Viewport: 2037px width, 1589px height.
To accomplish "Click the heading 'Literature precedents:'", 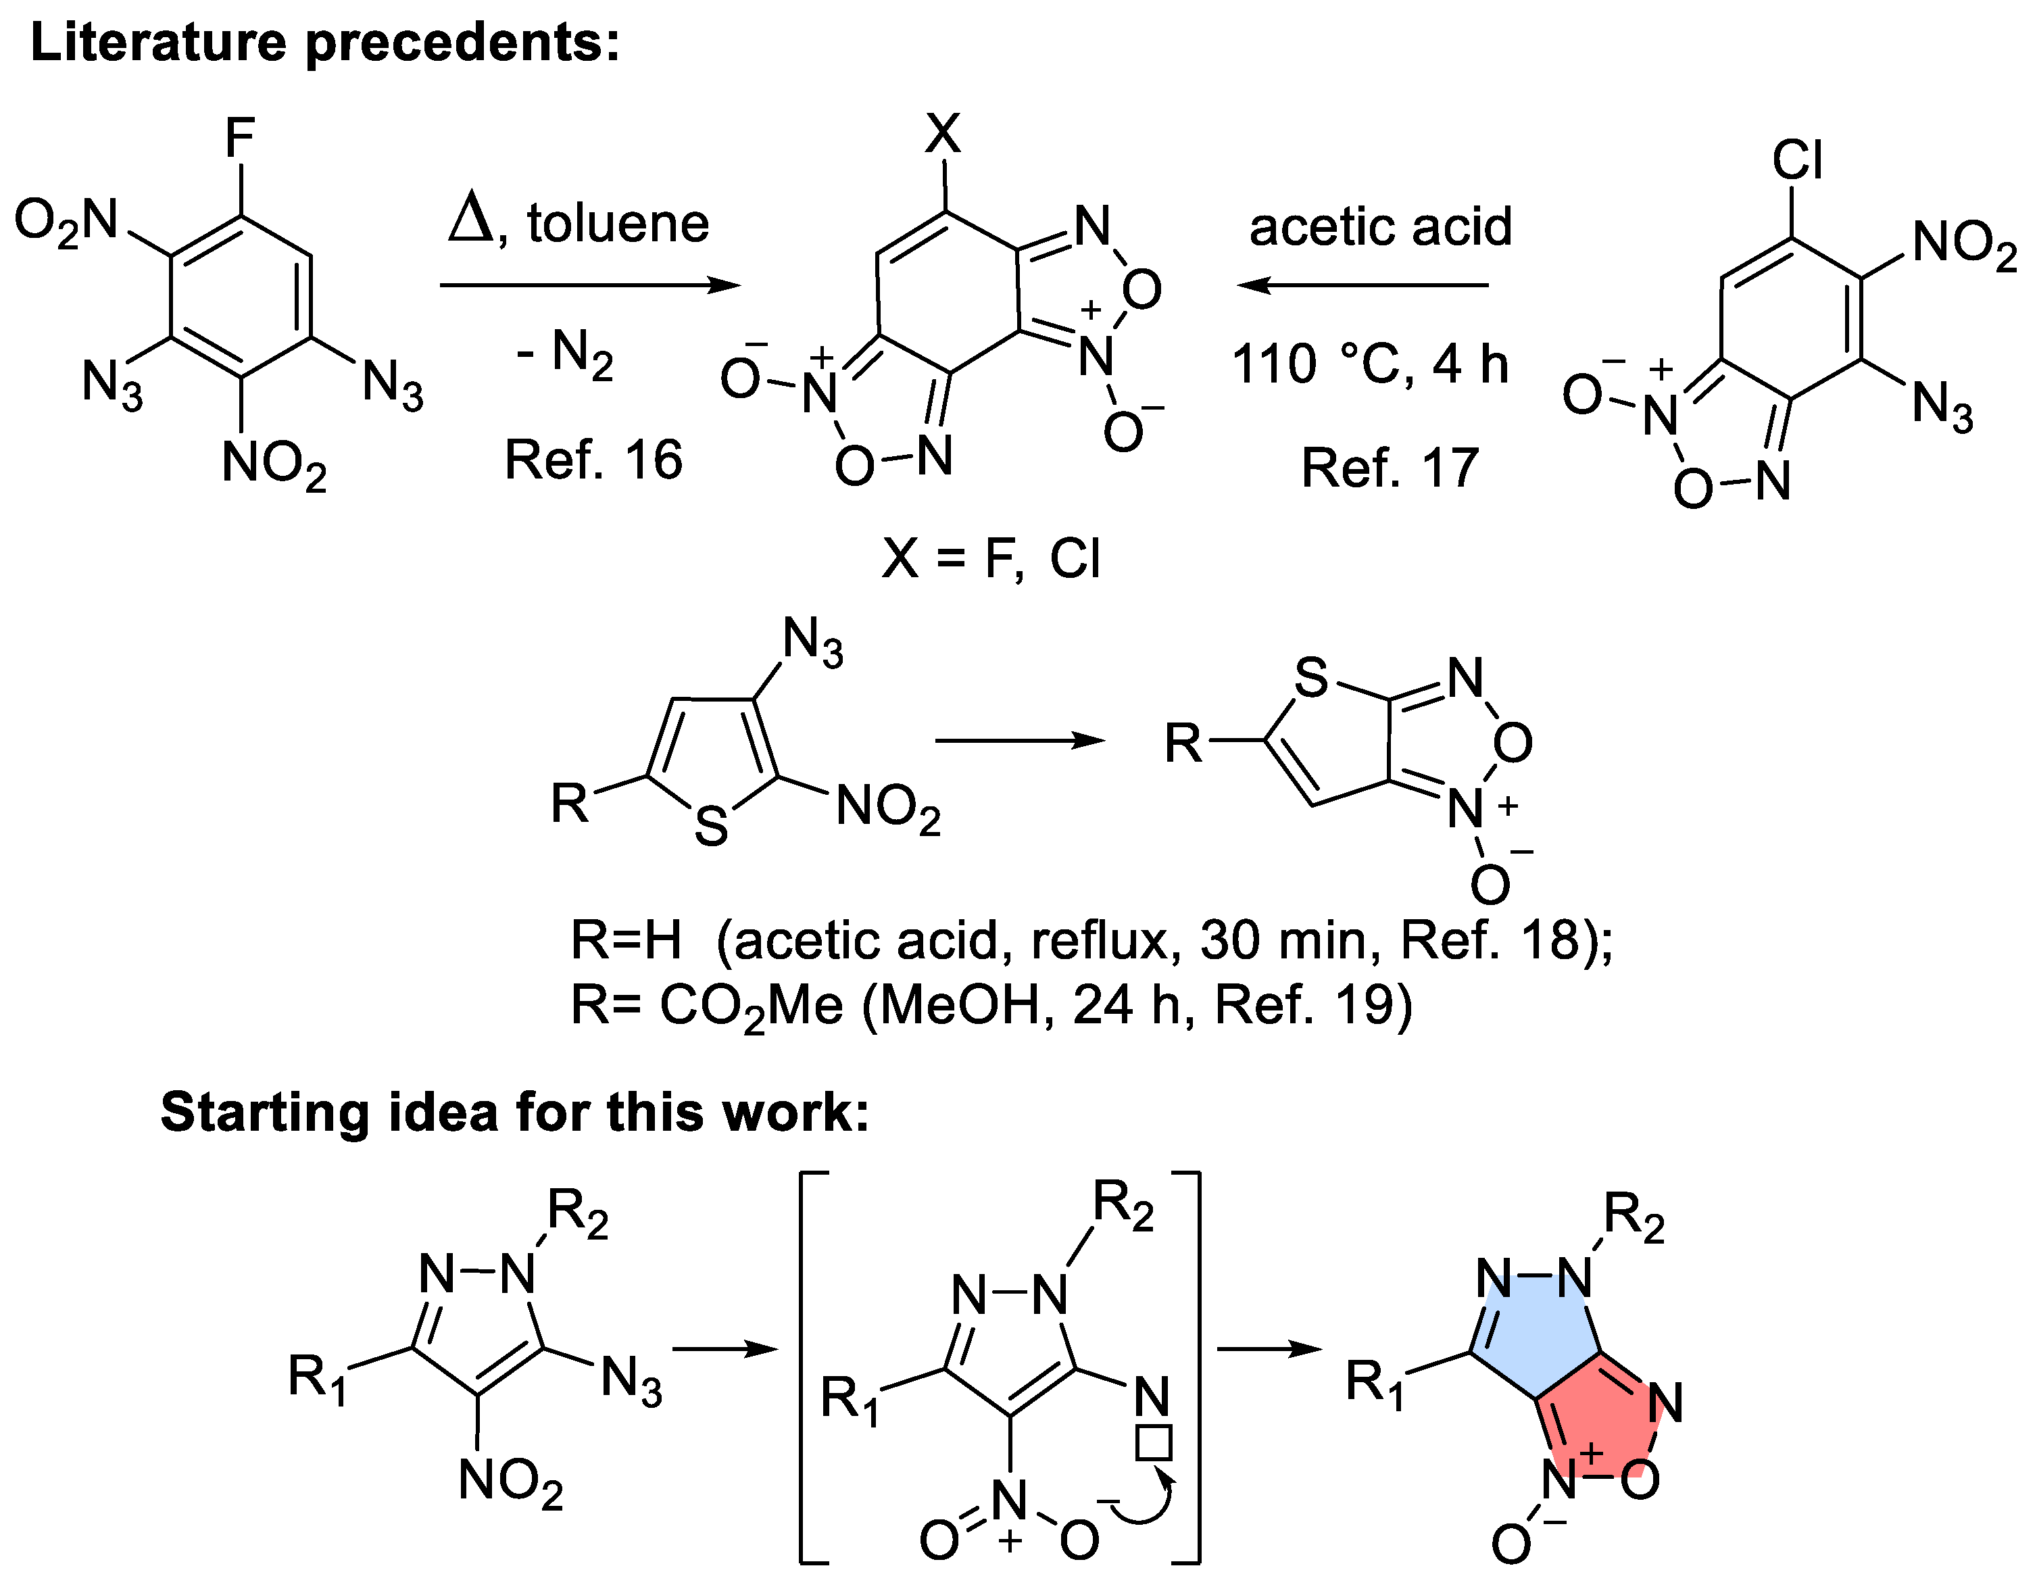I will (324, 43).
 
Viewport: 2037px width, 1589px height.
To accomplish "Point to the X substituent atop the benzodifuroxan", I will (942, 133).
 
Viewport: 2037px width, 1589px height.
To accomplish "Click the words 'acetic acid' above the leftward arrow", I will (1379, 226).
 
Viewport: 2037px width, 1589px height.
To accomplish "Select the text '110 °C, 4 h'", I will (1369, 364).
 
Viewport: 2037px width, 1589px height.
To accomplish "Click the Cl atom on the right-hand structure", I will (1796, 160).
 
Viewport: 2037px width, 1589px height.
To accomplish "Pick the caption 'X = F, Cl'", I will (991, 560).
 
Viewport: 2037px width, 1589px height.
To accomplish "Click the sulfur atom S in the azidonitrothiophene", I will (711, 826).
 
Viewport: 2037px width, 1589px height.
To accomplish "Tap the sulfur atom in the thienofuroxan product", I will (1310, 678).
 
